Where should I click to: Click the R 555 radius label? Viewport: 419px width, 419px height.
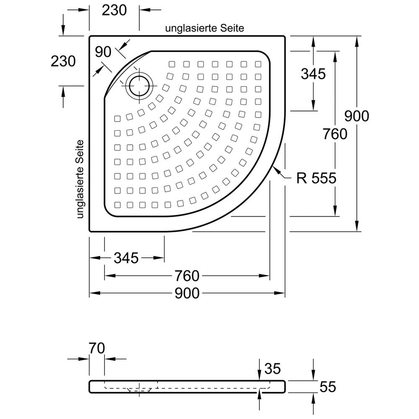click(316, 178)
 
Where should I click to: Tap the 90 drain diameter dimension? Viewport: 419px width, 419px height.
click(103, 52)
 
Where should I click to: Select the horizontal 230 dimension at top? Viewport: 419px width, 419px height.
click(114, 10)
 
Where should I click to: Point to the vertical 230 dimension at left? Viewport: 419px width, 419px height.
click(63, 61)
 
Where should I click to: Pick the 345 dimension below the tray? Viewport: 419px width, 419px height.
click(126, 258)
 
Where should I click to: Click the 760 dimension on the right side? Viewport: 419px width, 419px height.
click(335, 134)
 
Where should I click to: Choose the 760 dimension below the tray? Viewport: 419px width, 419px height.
click(186, 276)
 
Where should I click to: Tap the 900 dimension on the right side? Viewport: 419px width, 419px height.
click(357, 116)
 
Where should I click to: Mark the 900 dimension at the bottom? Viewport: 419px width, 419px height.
click(187, 293)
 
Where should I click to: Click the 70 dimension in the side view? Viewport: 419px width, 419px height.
click(96, 348)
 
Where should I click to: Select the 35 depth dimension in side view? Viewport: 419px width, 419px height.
click(272, 369)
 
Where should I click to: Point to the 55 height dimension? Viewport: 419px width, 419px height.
click(327, 387)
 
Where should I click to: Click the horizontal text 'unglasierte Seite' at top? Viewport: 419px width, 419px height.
click(205, 28)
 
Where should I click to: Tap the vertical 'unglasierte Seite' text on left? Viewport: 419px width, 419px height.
click(81, 179)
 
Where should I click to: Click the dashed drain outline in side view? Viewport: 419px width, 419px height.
click(138, 390)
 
